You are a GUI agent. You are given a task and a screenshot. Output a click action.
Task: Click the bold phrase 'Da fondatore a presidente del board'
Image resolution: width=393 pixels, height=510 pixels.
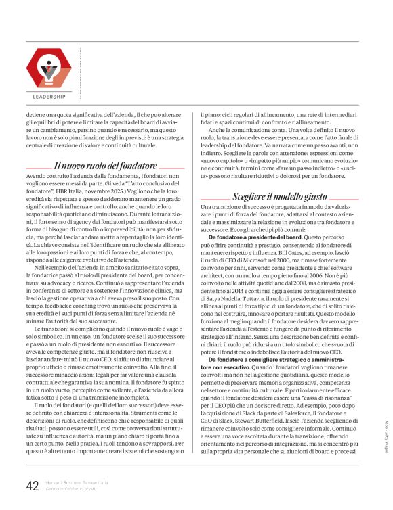pyautogui.click(x=254, y=237)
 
